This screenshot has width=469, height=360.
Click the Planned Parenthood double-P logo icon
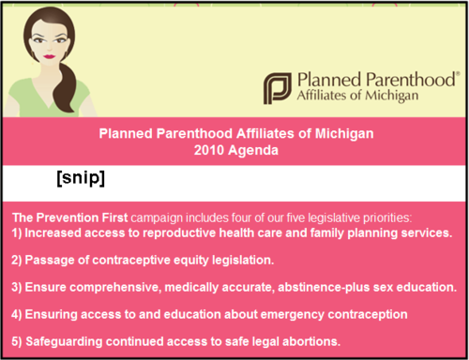click(x=276, y=87)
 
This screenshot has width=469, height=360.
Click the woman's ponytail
click(x=67, y=89)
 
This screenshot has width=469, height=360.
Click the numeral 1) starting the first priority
click(x=18, y=232)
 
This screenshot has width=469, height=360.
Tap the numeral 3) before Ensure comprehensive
click(x=18, y=287)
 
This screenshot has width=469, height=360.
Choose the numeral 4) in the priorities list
click(x=18, y=314)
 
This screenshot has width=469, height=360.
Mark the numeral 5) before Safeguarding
click(x=18, y=340)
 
